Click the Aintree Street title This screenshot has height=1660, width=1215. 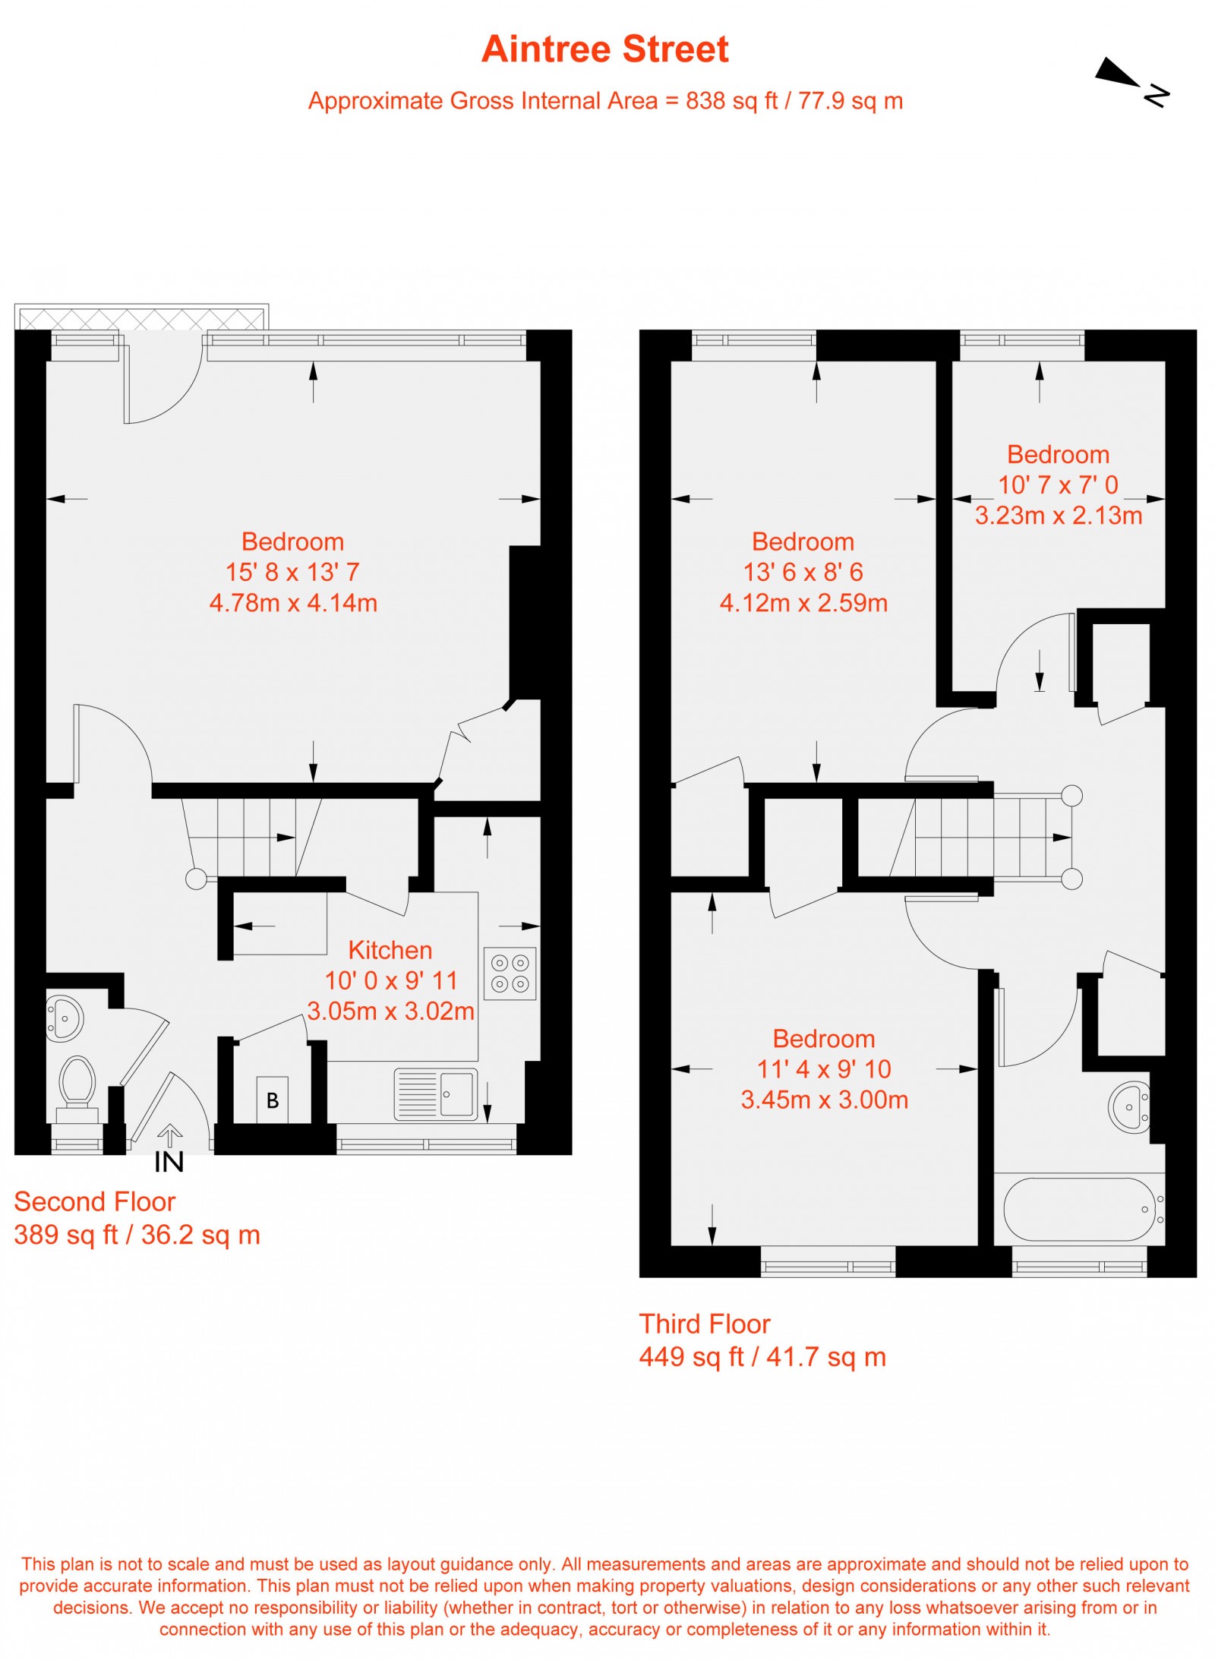[x=604, y=49]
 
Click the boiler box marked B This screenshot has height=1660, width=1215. [x=272, y=1099]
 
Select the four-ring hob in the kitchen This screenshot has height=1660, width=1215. [x=510, y=973]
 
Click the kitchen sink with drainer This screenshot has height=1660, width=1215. [x=436, y=1094]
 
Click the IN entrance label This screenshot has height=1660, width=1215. [x=169, y=1162]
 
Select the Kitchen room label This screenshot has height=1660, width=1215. [x=390, y=950]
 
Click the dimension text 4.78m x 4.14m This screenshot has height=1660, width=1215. [x=293, y=603]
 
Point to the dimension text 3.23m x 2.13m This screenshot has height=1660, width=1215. [x=1058, y=516]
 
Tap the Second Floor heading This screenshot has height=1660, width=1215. [x=95, y=1201]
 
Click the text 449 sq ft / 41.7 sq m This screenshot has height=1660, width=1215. [x=762, y=1356]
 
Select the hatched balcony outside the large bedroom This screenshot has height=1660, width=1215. [x=141, y=317]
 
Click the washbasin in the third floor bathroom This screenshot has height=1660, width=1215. [x=1130, y=1106]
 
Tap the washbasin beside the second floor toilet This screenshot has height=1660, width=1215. [x=65, y=1018]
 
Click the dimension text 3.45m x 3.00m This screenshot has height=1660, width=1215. [x=824, y=1100]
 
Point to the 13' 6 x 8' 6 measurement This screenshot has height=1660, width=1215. [x=803, y=572]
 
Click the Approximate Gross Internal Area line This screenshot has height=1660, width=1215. [x=604, y=101]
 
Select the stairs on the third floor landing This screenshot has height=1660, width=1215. [x=987, y=837]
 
